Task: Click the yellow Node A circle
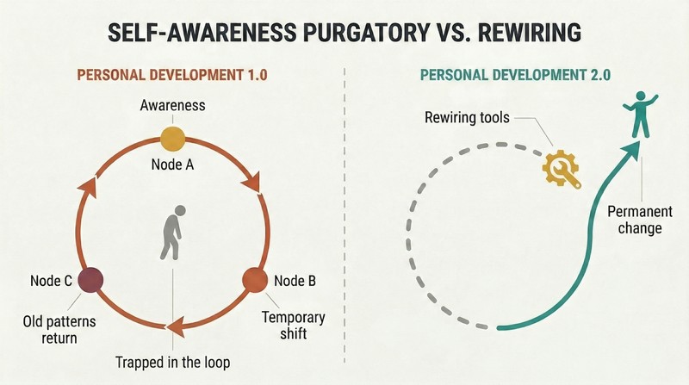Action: [173, 140]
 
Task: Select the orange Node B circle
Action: [255, 280]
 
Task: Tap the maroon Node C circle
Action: [91, 280]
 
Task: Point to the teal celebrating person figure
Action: [641, 114]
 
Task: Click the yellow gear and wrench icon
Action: [562, 169]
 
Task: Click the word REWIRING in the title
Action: [530, 33]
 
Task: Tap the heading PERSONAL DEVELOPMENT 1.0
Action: [172, 75]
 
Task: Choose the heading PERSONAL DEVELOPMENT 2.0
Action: [515, 75]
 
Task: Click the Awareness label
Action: [173, 105]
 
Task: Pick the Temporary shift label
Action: [294, 326]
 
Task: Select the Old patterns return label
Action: [59, 330]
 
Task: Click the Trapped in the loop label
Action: [173, 363]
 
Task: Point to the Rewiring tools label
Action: [467, 118]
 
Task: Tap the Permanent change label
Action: [640, 220]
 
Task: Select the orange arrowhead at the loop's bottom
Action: [175, 326]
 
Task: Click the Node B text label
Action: [295, 281]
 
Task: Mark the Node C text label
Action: [51, 281]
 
